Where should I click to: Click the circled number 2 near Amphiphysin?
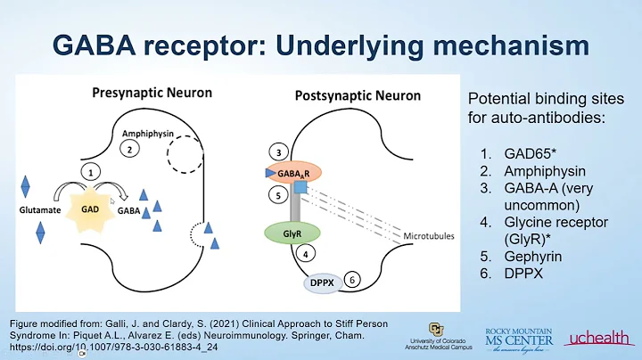point(130,150)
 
